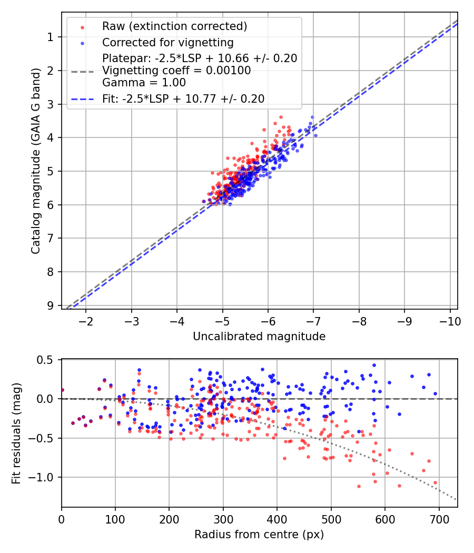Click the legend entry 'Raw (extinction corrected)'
click(174, 26)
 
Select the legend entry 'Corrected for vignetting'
click(167, 42)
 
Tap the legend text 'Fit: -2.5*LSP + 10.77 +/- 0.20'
click(183, 98)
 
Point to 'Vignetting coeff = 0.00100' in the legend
click(176, 71)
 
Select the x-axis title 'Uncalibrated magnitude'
click(259, 336)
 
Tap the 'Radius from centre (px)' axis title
click(259, 535)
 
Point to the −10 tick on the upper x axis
click(450, 321)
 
